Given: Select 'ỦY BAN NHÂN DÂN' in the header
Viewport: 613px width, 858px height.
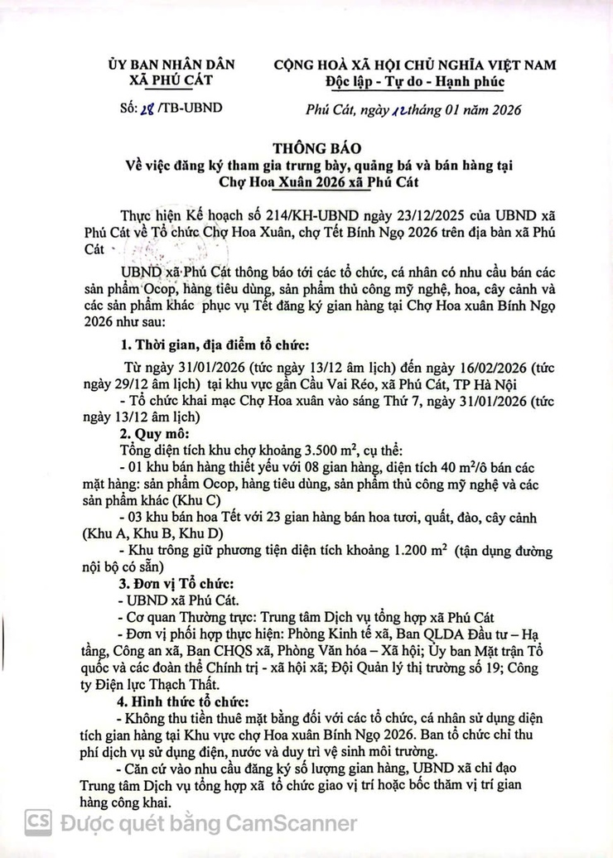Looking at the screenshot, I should [172, 64].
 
